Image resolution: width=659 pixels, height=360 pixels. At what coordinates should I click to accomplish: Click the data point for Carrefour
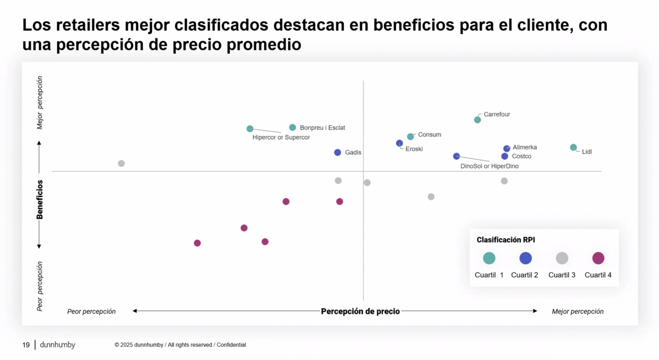click(x=477, y=120)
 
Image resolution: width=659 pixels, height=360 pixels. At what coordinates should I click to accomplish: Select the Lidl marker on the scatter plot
click(x=573, y=148)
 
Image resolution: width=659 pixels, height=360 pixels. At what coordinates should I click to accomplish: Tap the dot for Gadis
click(x=338, y=153)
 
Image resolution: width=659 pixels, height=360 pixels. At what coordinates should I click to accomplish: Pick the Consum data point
click(x=410, y=137)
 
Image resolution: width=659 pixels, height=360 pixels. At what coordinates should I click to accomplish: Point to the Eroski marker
click(x=399, y=143)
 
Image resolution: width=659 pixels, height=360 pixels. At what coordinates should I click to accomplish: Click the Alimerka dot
click(x=507, y=149)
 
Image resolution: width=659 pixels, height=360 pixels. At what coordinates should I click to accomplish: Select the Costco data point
click(x=505, y=156)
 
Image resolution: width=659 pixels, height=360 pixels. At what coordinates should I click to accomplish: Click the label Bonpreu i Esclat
click(x=322, y=128)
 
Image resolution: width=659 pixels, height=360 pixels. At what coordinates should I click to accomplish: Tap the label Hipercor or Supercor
click(x=281, y=137)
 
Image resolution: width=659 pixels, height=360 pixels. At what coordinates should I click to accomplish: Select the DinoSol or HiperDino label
click(x=489, y=166)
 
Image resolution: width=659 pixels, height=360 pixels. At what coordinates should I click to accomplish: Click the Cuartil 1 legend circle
click(x=489, y=258)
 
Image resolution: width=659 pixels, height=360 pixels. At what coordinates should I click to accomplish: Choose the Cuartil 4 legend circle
click(x=598, y=258)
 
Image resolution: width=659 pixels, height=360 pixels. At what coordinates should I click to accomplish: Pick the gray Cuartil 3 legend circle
click(x=562, y=258)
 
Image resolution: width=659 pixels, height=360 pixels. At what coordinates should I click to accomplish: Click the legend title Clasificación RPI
click(x=506, y=240)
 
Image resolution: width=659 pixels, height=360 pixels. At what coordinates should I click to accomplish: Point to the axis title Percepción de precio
click(x=360, y=311)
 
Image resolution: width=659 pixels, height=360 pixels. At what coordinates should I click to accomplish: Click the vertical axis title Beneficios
click(x=40, y=200)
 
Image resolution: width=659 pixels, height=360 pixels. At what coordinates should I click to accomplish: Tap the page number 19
click(x=26, y=345)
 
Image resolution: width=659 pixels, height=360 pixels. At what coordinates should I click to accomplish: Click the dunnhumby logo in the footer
click(x=58, y=345)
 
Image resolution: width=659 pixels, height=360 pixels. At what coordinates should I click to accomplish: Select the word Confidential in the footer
click(x=231, y=345)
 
